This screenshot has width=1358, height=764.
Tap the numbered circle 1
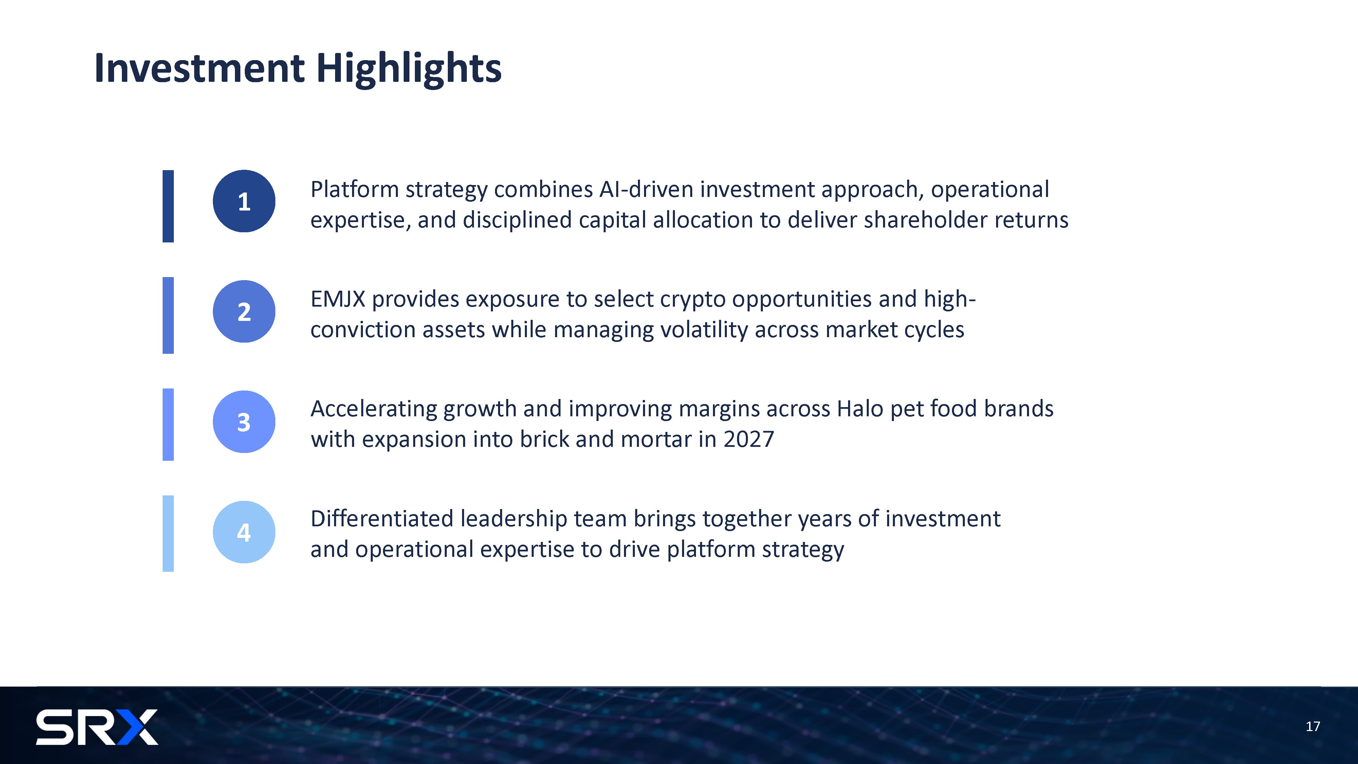click(244, 201)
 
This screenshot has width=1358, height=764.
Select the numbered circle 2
click(244, 311)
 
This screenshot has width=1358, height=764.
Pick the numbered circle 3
click(244, 421)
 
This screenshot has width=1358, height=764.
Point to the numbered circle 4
click(244, 531)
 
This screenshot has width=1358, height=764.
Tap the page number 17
click(1313, 727)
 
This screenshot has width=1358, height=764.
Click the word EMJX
click(338, 299)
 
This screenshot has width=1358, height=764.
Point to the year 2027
click(749, 439)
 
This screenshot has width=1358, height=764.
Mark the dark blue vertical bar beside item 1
click(168, 206)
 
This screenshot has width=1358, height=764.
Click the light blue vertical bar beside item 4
click(168, 533)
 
